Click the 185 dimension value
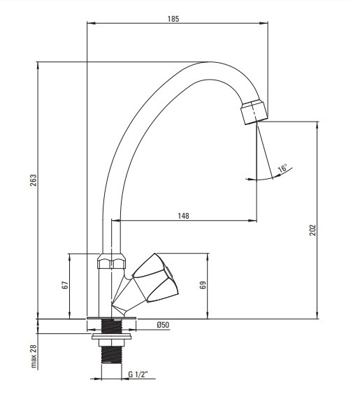tap(173, 19)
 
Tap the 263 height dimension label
tap(33, 180)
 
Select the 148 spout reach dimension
tap(183, 216)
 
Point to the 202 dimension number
tap(312, 230)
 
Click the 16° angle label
tap(282, 168)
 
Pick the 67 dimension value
tap(65, 285)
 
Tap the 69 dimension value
tap(203, 285)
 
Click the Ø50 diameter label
tap(163, 325)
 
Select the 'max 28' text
tap(34, 356)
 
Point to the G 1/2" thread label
tap(138, 374)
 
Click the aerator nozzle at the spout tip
tap(254, 112)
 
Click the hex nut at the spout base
tap(111, 261)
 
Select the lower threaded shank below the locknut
tap(111, 355)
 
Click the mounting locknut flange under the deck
tap(111, 337)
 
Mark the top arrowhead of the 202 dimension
tap(317, 125)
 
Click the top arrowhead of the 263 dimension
tap(38, 66)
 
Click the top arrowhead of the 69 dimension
tap(208, 257)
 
